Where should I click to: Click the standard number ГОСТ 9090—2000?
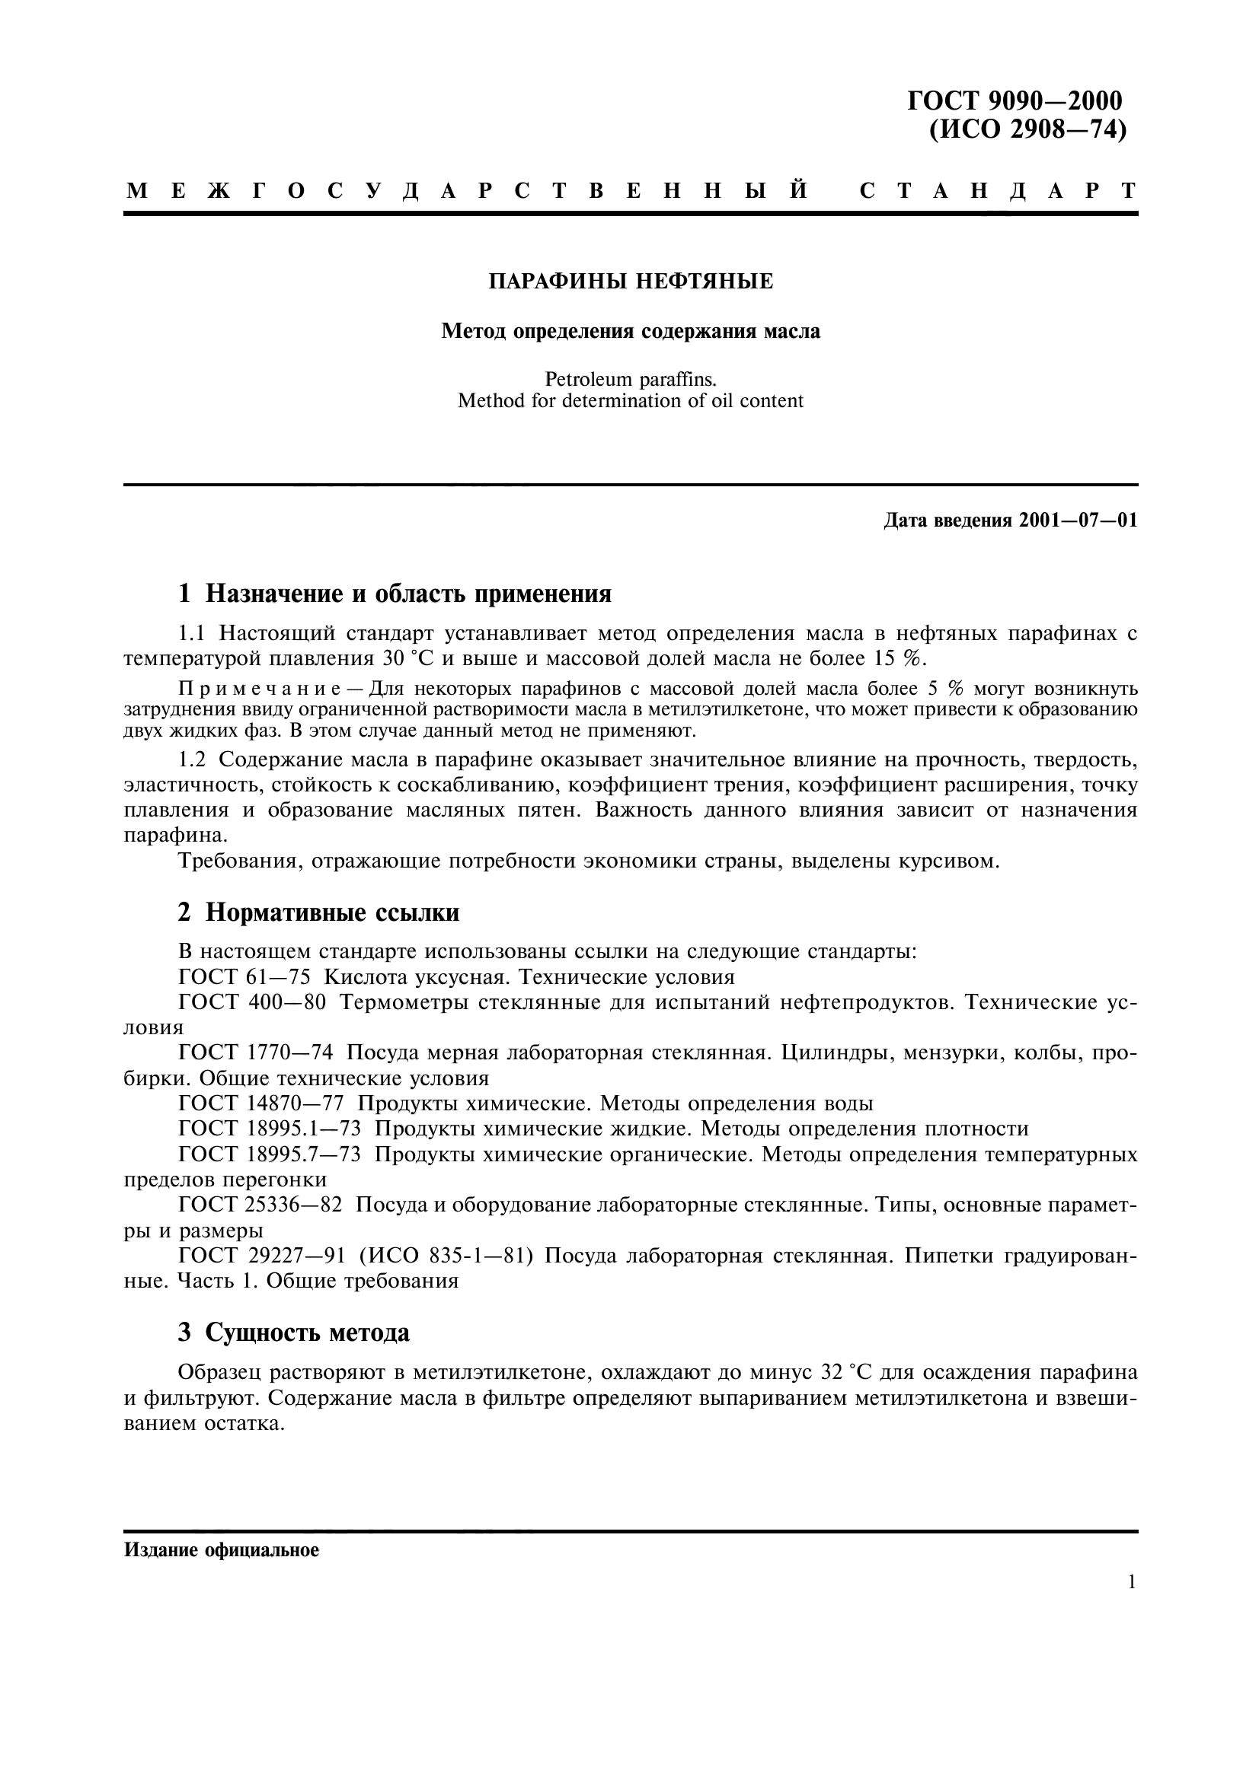[x=1015, y=100]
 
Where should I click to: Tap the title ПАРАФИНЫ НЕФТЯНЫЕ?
[x=631, y=282]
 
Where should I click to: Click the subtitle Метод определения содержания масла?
[x=631, y=332]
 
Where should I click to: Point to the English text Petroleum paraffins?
[x=631, y=380]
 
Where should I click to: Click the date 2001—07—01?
[x=1078, y=521]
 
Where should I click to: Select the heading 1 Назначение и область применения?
[x=395, y=594]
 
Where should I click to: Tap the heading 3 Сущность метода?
[x=294, y=1333]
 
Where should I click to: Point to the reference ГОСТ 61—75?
[x=244, y=977]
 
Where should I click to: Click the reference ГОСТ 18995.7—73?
[x=269, y=1154]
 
